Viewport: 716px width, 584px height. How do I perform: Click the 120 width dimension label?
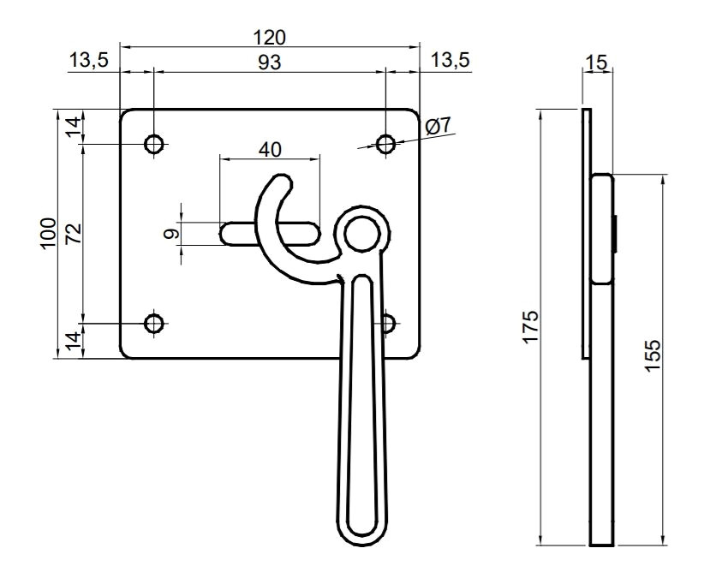click(x=270, y=38)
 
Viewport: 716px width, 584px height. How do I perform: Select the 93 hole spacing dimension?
click(x=270, y=63)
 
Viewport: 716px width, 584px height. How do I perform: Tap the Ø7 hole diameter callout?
click(x=438, y=125)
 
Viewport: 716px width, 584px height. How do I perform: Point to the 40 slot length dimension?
click(x=270, y=149)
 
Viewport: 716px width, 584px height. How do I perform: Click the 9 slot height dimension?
click(x=170, y=235)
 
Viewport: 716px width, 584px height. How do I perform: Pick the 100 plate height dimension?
click(x=49, y=234)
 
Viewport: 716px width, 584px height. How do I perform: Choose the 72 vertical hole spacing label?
click(x=74, y=233)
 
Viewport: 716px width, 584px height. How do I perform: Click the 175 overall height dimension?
click(x=531, y=327)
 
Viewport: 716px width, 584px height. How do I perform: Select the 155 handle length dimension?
click(x=653, y=355)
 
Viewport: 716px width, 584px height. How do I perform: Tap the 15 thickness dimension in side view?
click(x=597, y=63)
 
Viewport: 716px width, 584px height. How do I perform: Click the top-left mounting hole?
click(x=154, y=145)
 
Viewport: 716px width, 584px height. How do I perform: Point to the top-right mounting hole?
click(x=386, y=145)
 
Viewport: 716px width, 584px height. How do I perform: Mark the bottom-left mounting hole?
click(x=154, y=324)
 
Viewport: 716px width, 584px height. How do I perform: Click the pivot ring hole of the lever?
click(x=362, y=234)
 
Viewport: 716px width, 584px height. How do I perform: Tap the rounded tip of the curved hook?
click(x=282, y=182)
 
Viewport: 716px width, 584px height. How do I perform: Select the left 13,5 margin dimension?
click(x=89, y=60)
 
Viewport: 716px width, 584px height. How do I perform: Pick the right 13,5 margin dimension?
click(x=450, y=60)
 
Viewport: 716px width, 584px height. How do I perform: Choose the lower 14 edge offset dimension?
click(x=74, y=341)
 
